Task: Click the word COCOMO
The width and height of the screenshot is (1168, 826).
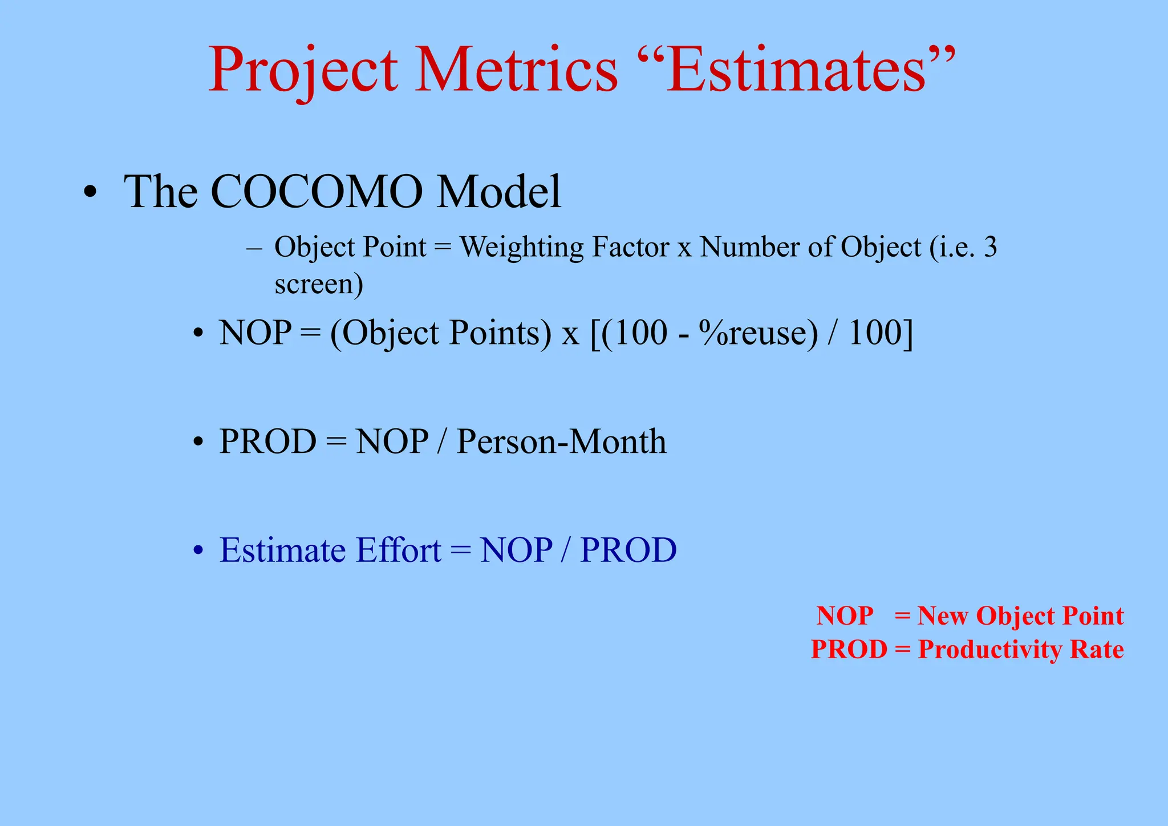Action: coord(317,192)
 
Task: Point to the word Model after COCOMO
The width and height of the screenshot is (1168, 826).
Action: coord(499,192)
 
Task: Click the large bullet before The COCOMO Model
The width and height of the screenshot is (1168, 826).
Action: coord(90,193)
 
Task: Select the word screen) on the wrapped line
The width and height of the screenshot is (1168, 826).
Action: coord(318,284)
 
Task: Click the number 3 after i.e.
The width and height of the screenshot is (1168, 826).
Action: coord(990,247)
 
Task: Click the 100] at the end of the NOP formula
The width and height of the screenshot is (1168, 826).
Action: coord(881,333)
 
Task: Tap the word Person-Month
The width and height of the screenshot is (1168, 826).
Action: coord(561,442)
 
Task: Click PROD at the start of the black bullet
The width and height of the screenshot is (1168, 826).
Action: coord(267,442)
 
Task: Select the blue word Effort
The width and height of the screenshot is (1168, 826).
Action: coord(398,550)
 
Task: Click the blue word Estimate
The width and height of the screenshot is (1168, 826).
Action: coord(282,550)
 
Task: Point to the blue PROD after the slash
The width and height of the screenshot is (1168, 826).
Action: coord(628,550)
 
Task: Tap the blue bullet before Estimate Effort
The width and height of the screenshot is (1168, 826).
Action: coord(198,552)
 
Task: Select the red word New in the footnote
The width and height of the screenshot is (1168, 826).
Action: coord(942,616)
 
